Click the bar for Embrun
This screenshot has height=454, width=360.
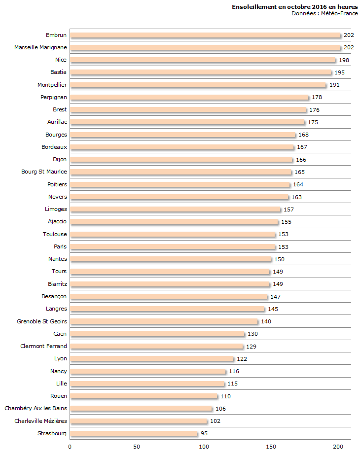tap(205, 35)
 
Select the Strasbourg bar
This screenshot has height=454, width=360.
tap(134, 434)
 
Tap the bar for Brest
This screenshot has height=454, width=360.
tap(188, 110)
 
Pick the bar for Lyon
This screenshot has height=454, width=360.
tap(152, 359)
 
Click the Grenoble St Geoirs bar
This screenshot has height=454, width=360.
tap(164, 321)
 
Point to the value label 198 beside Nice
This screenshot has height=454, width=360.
tap(344, 60)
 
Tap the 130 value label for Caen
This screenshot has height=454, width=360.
tap(253, 334)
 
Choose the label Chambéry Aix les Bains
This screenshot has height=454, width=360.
tap(36, 408)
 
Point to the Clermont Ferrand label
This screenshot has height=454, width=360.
tap(43, 346)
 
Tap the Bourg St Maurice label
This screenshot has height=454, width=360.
tap(44, 172)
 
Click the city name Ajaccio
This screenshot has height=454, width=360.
tap(57, 221)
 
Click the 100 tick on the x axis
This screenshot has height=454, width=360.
tap(204, 447)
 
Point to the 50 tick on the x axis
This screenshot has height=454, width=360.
tap(137, 447)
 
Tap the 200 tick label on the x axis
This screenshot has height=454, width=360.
tap(338, 447)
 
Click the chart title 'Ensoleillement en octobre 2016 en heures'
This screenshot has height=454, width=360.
tap(295, 7)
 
